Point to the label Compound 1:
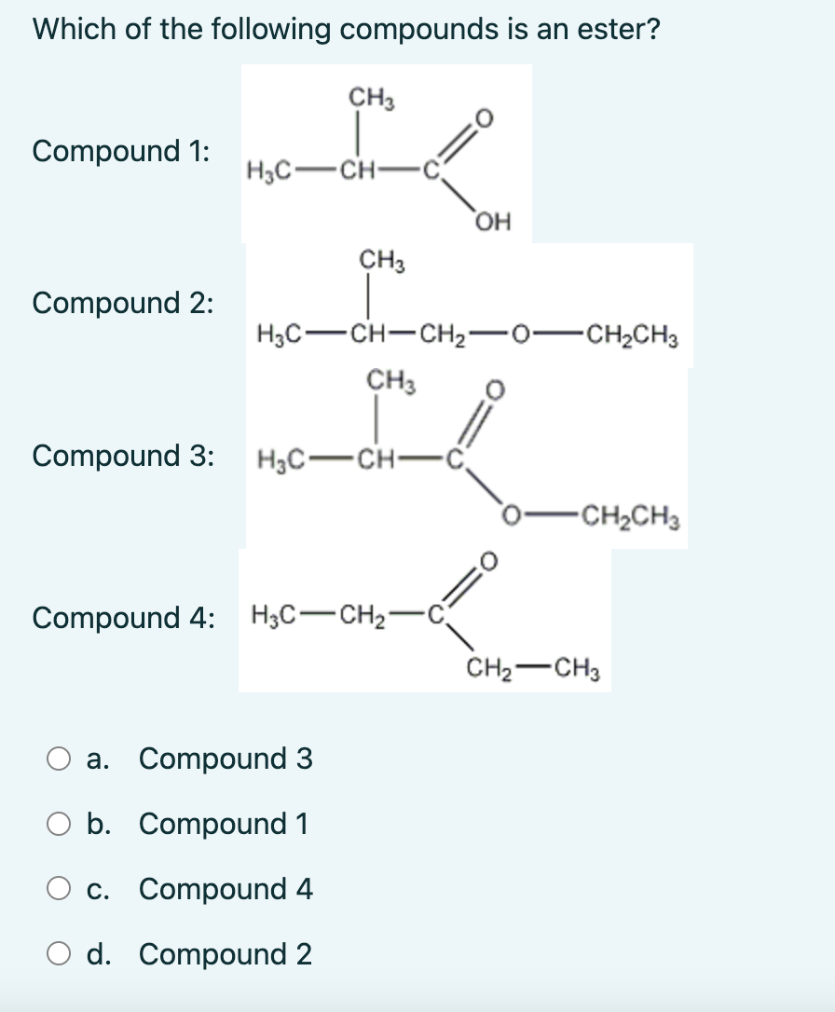click(120, 151)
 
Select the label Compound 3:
click(122, 456)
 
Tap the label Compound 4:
click(122, 617)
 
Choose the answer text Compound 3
click(226, 760)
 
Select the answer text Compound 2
click(226, 956)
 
